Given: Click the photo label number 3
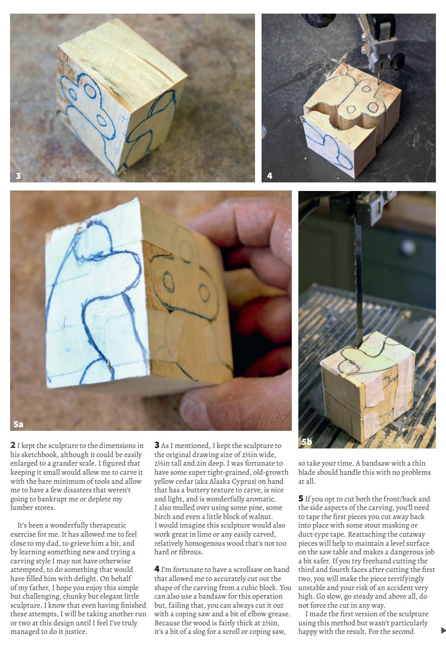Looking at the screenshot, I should tap(18, 176).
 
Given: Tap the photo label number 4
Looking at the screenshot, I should tap(270, 176).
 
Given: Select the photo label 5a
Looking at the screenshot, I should tap(18, 424).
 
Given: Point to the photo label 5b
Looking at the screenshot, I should tap(306, 442).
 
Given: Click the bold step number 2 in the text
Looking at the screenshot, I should tap(13, 445).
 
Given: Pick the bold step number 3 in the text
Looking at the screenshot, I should tap(157, 445).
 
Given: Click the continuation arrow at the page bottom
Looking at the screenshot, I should tap(443, 630).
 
